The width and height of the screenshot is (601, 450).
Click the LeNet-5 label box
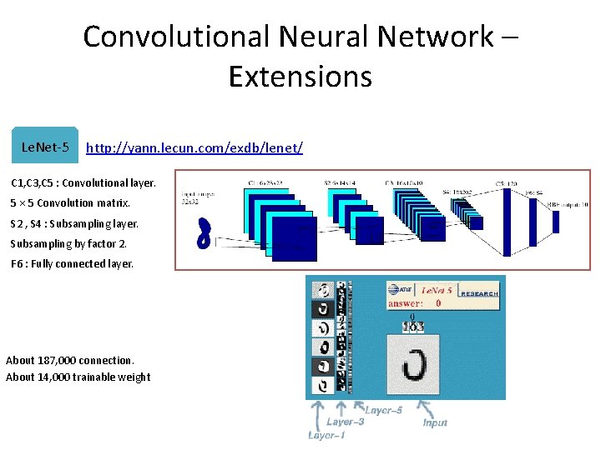point(44,147)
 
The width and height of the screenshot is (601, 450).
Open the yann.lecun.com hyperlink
point(194,147)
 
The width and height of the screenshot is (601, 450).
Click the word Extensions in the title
point(300,76)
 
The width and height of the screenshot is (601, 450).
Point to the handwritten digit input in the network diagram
point(203,234)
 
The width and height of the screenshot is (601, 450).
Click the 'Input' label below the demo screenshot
point(435,423)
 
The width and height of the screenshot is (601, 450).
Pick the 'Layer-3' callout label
point(345,422)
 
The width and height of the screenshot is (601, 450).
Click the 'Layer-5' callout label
point(383,410)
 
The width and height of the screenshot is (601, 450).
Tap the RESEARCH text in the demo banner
point(480,293)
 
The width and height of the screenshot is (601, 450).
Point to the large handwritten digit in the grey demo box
point(415,362)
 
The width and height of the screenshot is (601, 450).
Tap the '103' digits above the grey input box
point(412,327)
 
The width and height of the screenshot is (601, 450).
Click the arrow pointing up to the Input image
point(425,408)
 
